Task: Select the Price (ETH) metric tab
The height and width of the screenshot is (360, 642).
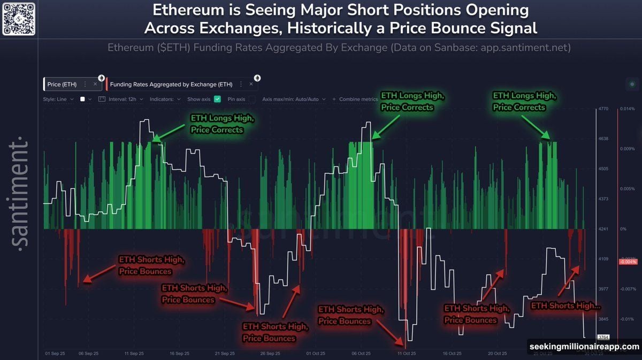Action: pos(62,85)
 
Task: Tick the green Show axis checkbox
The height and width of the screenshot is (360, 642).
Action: pos(217,99)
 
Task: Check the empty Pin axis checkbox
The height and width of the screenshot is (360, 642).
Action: pos(251,99)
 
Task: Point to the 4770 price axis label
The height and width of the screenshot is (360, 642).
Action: pos(604,109)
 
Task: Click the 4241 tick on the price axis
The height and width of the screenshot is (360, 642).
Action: pos(604,229)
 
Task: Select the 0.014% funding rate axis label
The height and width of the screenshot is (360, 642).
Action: pos(627,109)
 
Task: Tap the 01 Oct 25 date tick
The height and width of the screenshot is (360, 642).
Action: pos(316,354)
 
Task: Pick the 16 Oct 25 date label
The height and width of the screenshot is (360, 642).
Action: pos(452,354)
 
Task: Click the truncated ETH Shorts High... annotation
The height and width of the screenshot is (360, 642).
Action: pos(565,306)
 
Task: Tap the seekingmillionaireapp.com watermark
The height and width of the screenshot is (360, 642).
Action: pos(584,347)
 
